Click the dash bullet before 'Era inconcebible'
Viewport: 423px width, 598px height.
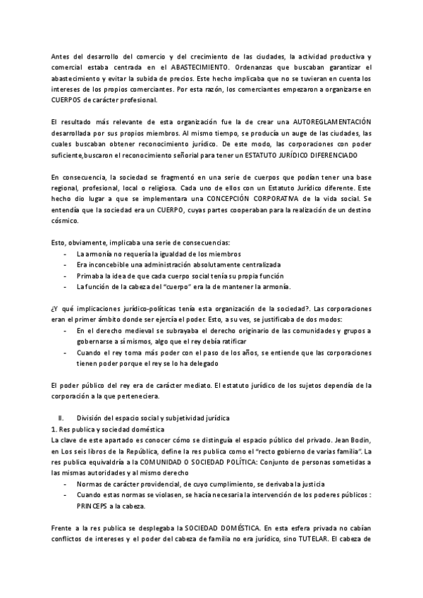coord(66,264)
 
